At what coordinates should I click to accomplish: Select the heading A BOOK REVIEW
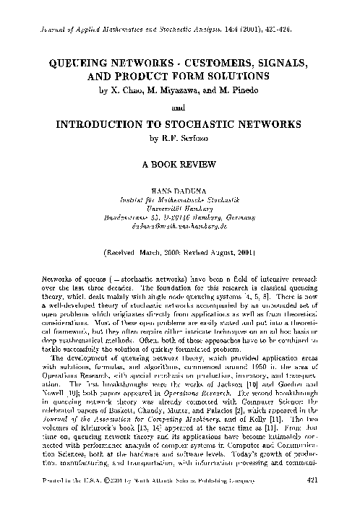pos(180,163)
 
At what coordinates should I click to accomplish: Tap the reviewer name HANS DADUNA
pos(180,188)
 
